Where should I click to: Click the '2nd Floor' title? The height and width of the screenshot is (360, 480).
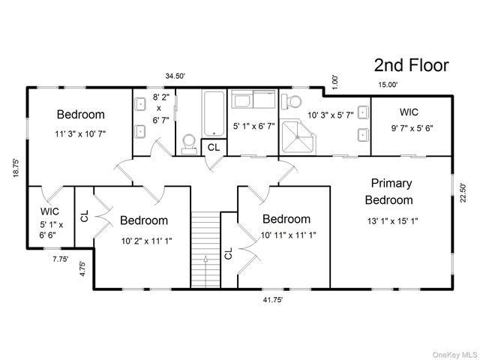pyautogui.click(x=411, y=65)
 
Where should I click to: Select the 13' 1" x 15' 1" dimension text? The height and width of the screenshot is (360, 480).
pyautogui.click(x=393, y=220)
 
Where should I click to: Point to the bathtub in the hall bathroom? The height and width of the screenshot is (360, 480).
pyautogui.click(x=214, y=113)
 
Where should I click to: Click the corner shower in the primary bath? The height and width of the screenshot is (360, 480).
pyautogui.click(x=298, y=136)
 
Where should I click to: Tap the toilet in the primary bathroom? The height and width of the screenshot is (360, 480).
pyautogui.click(x=291, y=102)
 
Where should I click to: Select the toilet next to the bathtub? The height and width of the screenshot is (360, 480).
pyautogui.click(x=189, y=145)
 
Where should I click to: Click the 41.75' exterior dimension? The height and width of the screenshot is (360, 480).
pyautogui.click(x=273, y=300)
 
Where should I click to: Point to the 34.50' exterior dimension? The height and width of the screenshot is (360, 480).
pyautogui.click(x=175, y=76)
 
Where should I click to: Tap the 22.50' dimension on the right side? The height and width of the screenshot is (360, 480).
pyautogui.click(x=463, y=193)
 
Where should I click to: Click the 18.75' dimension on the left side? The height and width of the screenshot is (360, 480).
pyautogui.click(x=16, y=168)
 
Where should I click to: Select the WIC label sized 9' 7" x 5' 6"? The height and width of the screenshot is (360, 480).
pyautogui.click(x=409, y=112)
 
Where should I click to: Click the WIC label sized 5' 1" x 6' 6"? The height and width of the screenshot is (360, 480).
pyautogui.click(x=49, y=211)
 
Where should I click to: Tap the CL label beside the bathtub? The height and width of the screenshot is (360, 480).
pyautogui.click(x=213, y=148)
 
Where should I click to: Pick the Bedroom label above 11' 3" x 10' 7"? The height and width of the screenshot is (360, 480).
pyautogui.click(x=81, y=115)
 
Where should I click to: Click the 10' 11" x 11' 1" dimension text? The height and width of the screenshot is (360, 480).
pyautogui.click(x=288, y=235)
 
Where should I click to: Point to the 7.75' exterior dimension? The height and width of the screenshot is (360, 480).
pyautogui.click(x=60, y=259)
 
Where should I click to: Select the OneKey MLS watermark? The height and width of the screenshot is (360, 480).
pyautogui.click(x=454, y=355)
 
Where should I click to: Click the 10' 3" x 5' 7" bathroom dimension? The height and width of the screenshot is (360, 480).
pyautogui.click(x=331, y=115)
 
